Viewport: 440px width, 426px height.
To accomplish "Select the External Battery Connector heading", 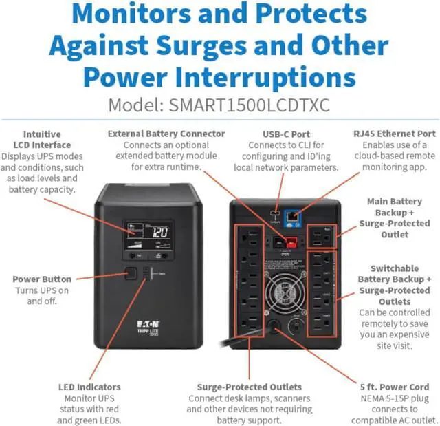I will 166,134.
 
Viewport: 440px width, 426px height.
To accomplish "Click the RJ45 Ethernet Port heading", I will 395,134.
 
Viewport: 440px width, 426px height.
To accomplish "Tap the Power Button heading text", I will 42,279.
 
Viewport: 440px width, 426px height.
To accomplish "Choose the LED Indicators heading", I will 89,387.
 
